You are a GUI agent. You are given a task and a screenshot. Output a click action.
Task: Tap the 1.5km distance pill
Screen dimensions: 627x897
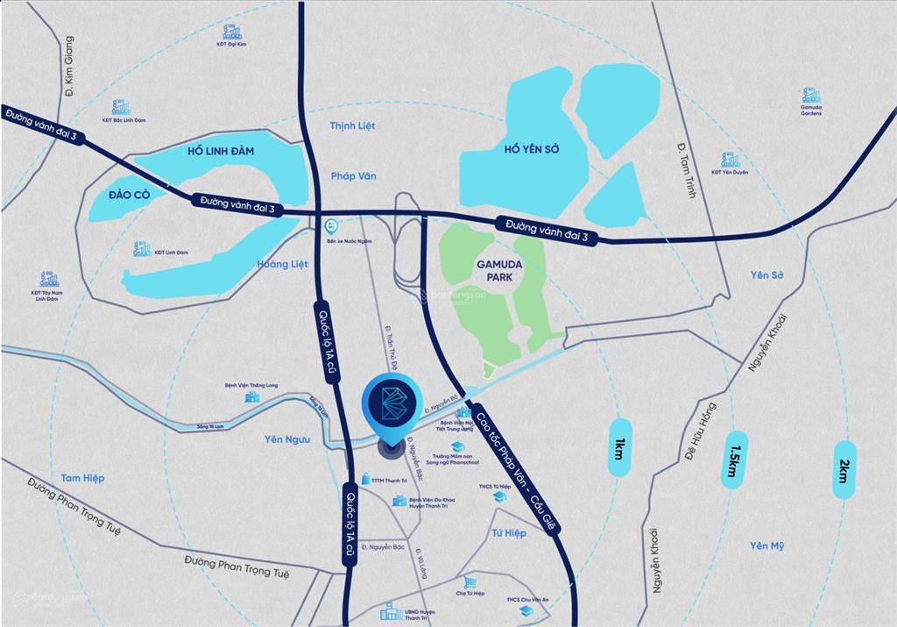(x=734, y=459)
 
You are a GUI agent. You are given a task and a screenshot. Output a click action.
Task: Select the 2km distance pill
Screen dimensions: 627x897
(x=844, y=469)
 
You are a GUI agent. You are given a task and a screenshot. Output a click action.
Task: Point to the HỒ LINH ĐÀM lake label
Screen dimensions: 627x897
(x=221, y=152)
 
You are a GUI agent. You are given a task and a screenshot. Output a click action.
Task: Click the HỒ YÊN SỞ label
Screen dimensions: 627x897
(x=532, y=150)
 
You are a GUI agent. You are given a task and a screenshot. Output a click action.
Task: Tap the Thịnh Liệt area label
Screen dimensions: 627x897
(x=352, y=126)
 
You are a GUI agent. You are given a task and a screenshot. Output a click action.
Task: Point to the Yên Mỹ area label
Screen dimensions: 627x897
(x=766, y=546)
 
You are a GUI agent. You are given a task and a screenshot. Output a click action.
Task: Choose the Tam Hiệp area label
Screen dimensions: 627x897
(x=82, y=478)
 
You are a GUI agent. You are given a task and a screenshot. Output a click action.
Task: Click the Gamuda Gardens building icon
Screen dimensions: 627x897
(x=811, y=95)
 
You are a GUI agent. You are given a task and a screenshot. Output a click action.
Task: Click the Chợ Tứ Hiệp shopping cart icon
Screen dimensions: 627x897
(x=470, y=582)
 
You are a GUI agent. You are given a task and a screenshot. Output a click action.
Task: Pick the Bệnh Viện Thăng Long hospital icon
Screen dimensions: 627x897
(x=252, y=396)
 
